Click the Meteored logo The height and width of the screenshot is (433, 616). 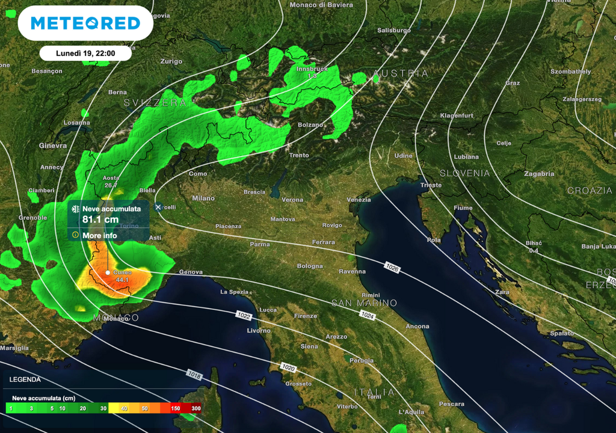tap(85, 23)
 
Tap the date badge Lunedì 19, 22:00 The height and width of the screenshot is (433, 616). tap(85, 53)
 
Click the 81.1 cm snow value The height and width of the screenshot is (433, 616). tap(100, 220)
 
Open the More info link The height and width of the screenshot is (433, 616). tap(100, 235)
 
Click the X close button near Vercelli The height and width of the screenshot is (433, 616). tap(158, 207)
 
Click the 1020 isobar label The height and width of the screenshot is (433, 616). tap(288, 367)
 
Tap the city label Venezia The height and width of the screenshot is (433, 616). tap(359, 200)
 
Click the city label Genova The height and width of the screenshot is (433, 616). tap(191, 272)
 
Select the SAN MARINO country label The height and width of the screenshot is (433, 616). tap(364, 303)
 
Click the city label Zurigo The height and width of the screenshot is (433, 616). tap(171, 61)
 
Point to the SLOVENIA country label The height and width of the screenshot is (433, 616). tap(464, 173)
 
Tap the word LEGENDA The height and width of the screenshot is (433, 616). tap(25, 379)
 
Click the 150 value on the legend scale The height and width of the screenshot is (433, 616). tap(175, 408)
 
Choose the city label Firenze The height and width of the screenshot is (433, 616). tap(305, 316)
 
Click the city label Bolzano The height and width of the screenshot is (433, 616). tap(310, 125)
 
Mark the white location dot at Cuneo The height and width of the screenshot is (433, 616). tap(108, 272)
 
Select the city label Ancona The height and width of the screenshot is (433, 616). tap(417, 327)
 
